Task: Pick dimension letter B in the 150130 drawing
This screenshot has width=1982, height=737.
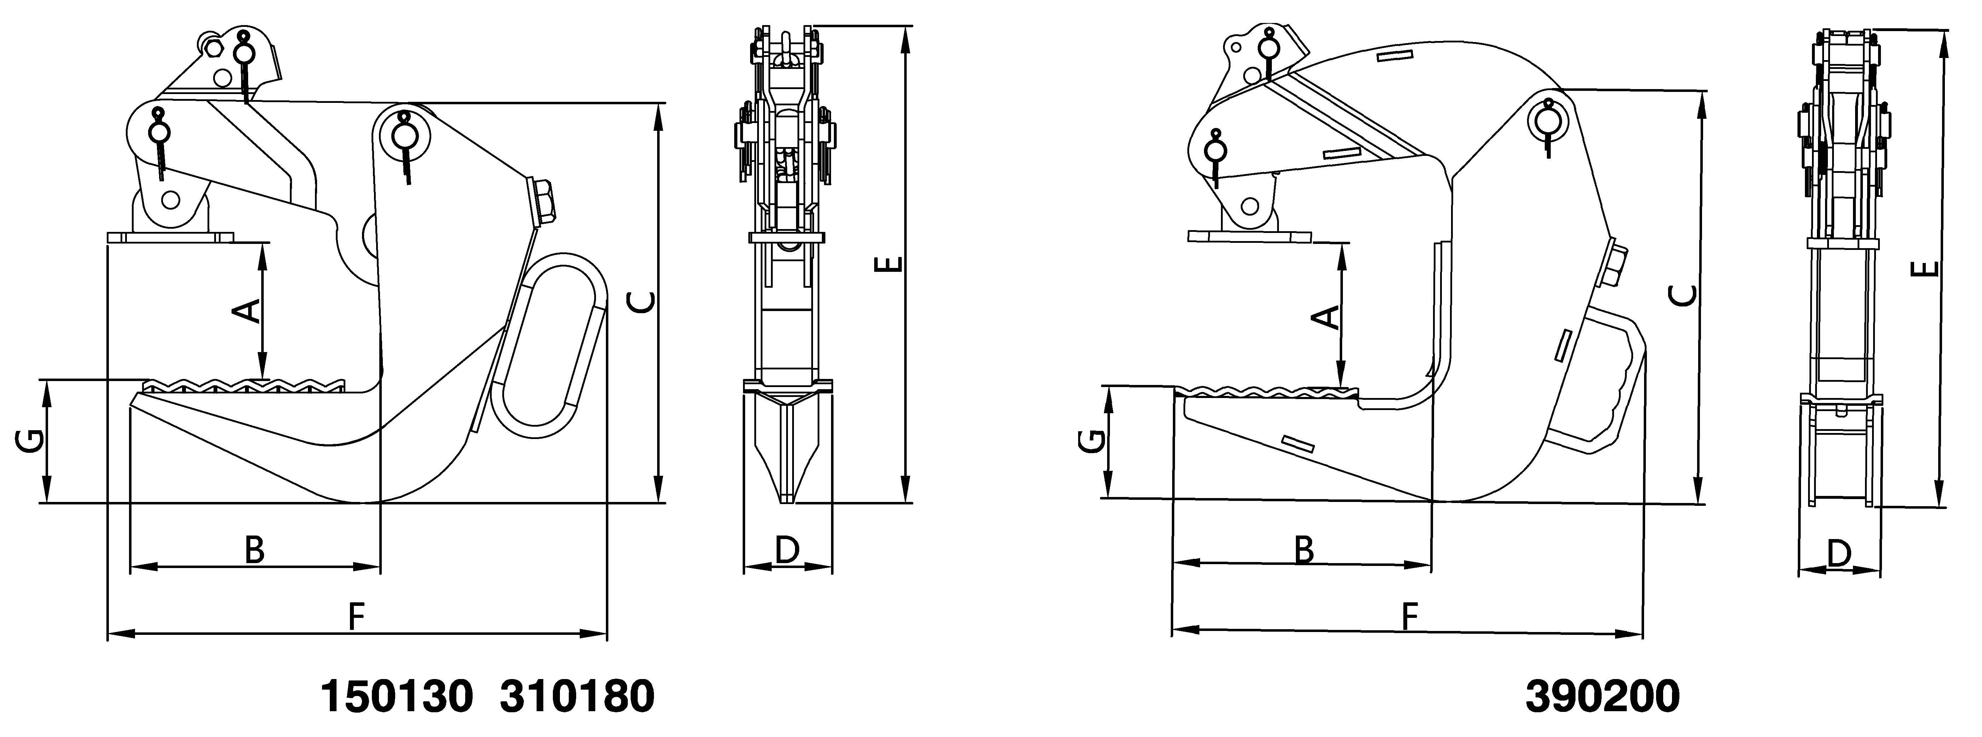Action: [255, 550]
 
